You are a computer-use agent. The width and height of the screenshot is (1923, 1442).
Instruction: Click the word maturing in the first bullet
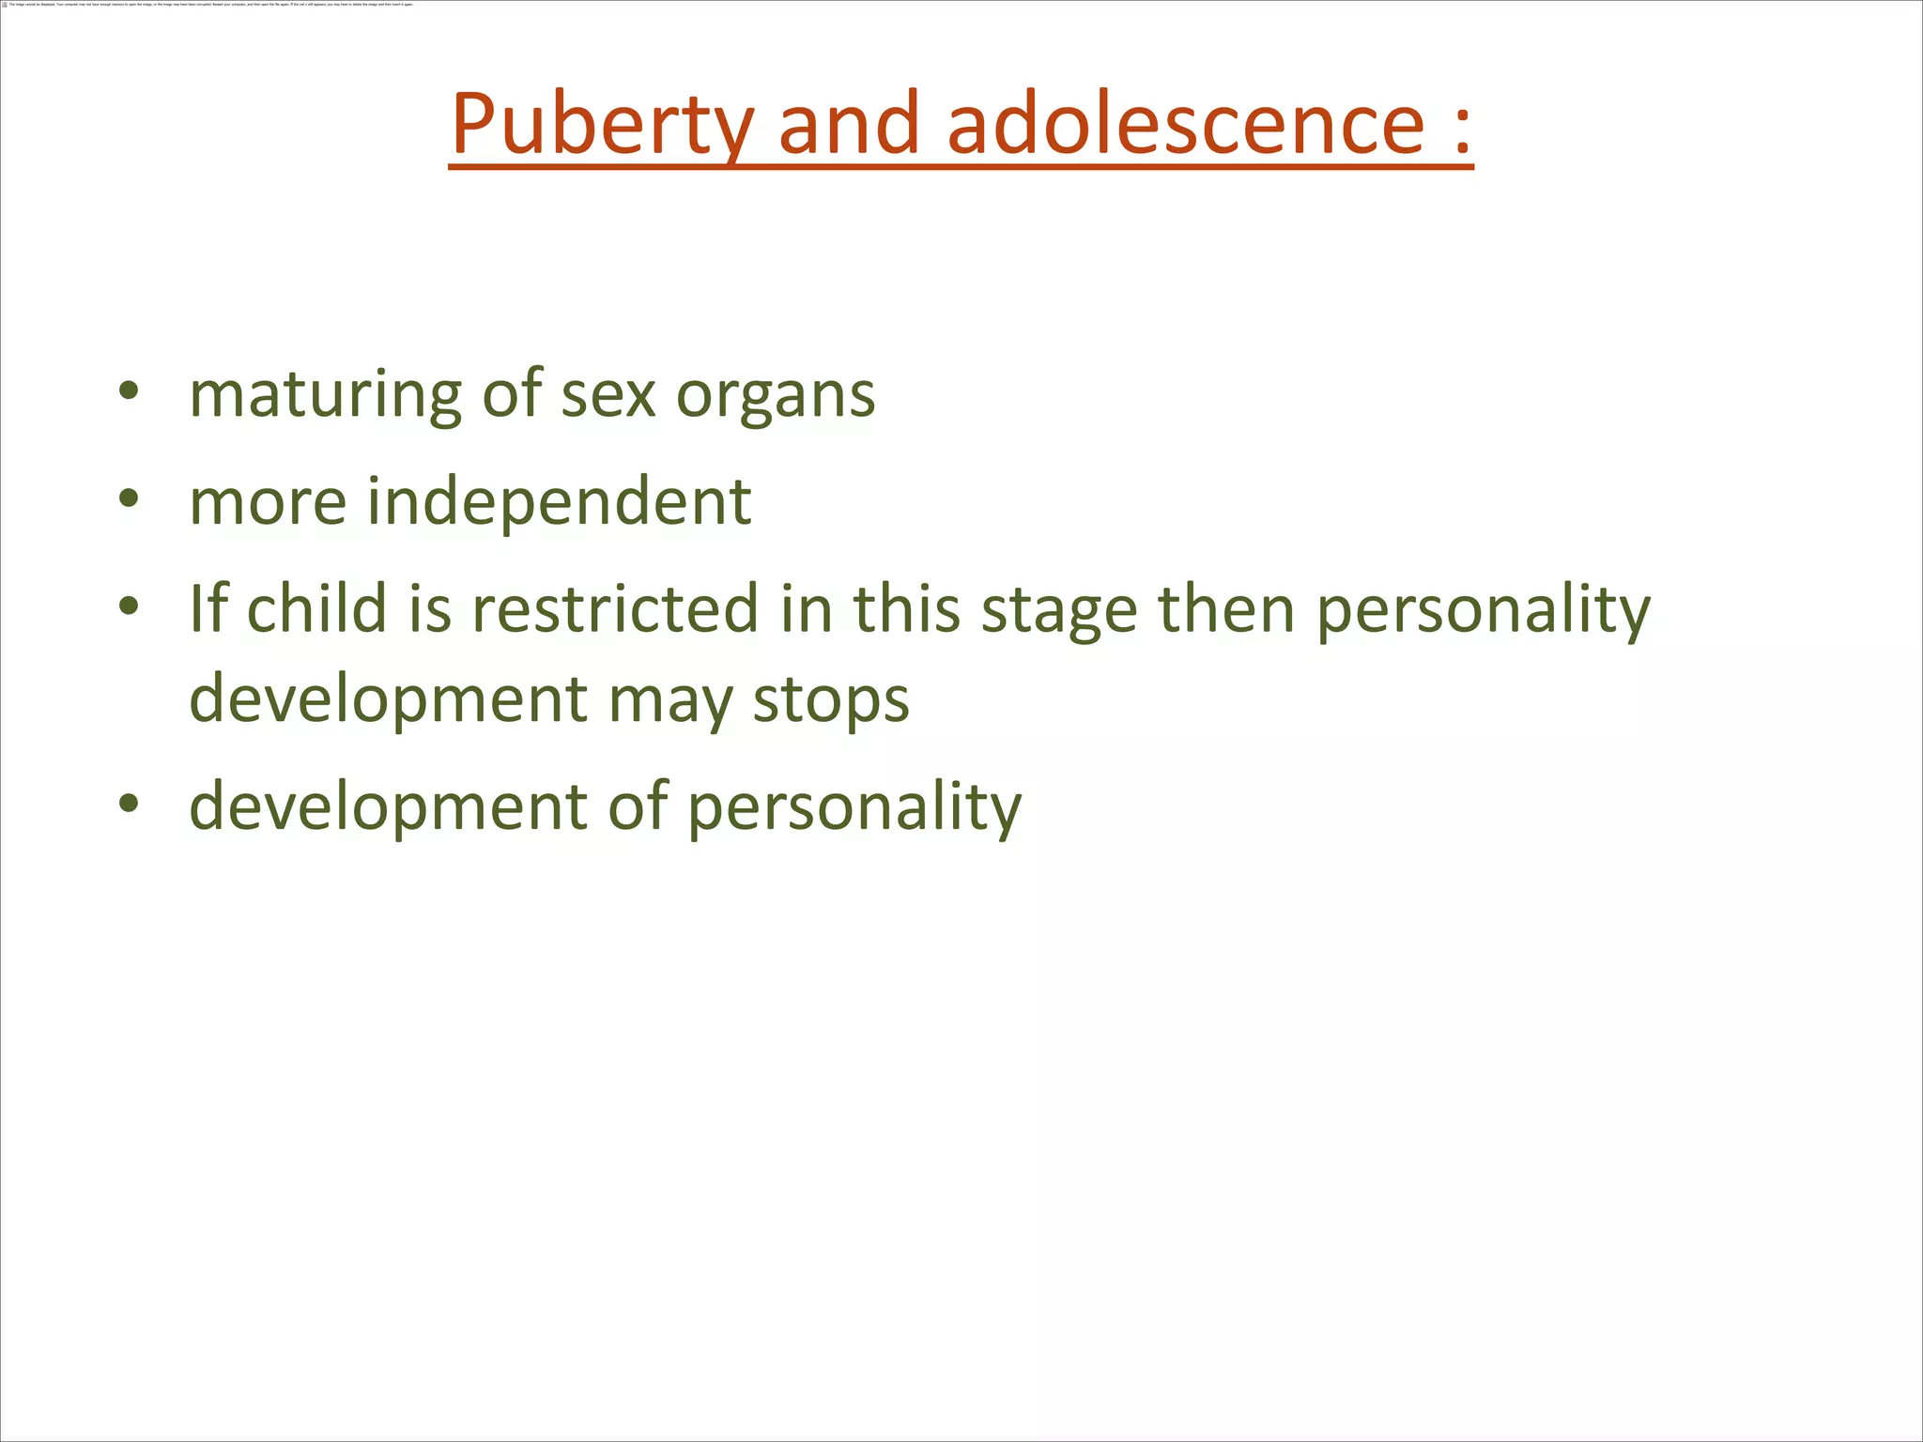325,395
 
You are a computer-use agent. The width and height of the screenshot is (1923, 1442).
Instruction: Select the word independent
559,502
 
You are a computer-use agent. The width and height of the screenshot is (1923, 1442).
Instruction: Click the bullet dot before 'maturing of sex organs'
130,391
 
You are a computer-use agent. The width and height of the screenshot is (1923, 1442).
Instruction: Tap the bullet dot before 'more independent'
130,499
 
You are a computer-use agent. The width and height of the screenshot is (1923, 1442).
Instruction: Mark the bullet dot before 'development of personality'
130,804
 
